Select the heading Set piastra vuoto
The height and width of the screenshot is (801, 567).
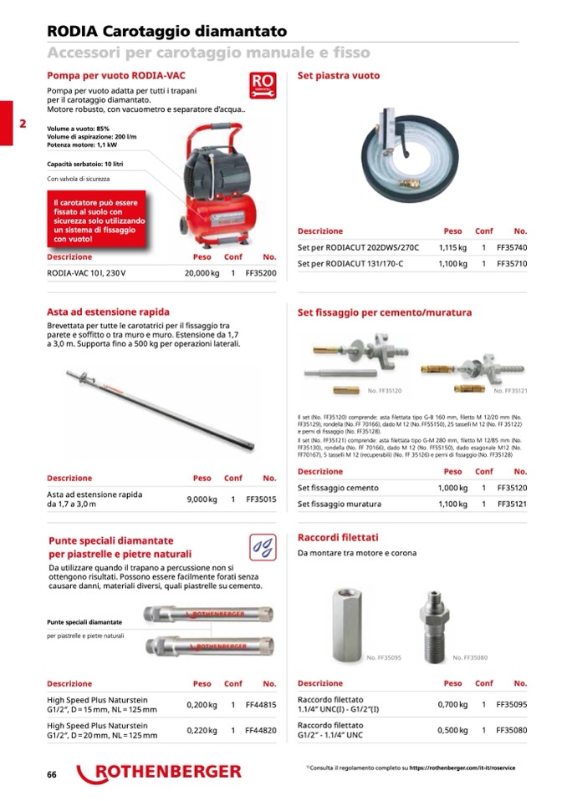[x=339, y=76]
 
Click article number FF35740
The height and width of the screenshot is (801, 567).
[x=512, y=248]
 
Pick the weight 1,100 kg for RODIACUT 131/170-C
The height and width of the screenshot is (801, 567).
[x=452, y=264]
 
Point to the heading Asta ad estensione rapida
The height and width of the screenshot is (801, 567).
[x=108, y=312]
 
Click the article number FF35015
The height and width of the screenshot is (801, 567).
[x=261, y=499]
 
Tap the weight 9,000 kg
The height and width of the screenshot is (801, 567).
[x=202, y=499]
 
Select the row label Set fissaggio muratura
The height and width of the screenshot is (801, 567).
[x=340, y=504]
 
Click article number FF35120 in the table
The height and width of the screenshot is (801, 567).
[x=512, y=488]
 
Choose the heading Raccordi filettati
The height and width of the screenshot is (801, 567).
[x=338, y=537]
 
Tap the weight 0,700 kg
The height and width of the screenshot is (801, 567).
[x=452, y=705]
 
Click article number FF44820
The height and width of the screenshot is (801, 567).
[x=261, y=730]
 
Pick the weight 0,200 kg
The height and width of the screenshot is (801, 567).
[x=202, y=705]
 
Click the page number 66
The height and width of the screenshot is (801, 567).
[x=52, y=774]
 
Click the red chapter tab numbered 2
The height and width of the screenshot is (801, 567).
[x=22, y=124]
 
